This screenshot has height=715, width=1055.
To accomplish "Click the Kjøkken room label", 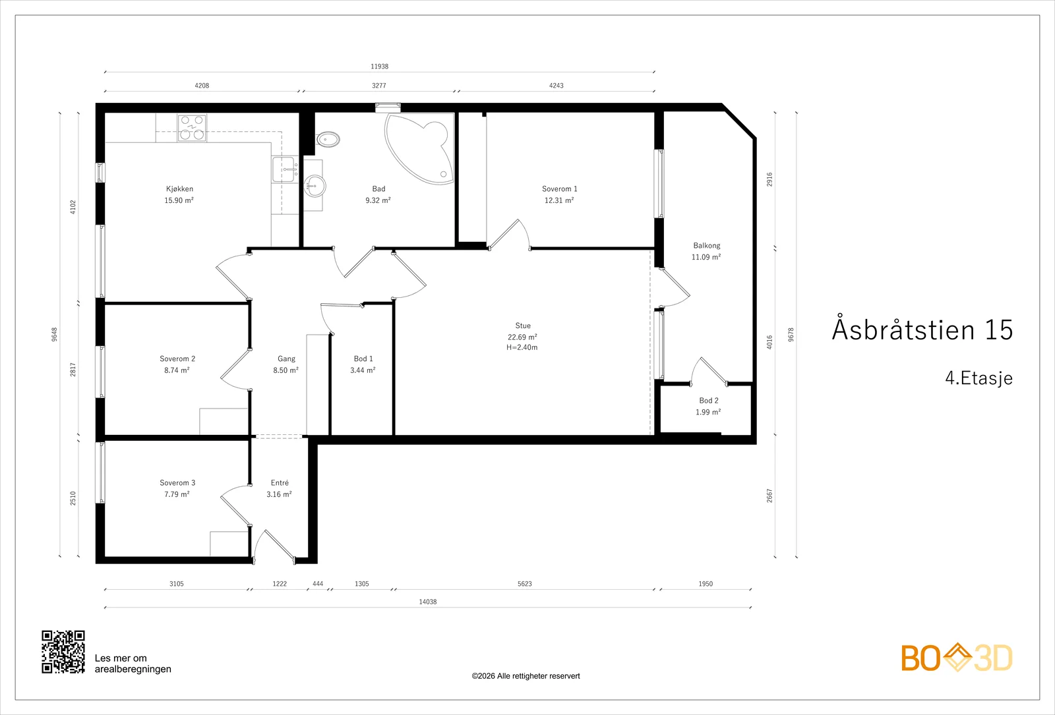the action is pos(179,188).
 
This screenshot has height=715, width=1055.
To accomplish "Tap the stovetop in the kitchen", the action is pos(192,128).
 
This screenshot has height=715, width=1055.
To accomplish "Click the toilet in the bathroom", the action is pos(328,139).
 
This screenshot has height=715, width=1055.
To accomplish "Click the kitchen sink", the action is pos(285,169).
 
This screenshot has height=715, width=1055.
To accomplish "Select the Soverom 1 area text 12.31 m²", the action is pos(559,200).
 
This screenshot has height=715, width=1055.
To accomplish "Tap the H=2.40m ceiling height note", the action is pos(522,348).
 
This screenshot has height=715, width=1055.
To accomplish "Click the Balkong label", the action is pos(706,246).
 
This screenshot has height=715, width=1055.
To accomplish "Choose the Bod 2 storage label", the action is pos(709,401).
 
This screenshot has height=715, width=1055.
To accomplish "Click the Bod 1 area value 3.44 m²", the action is pos(363,370).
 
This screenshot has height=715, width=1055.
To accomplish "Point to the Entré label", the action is pos(280,482).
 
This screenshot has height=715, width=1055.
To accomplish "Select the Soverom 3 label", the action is pos(177,482).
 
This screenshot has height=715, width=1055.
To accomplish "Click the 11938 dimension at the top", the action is pos(380,67).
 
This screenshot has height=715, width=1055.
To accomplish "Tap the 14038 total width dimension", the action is pos(428,602).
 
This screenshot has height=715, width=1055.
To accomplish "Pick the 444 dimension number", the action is pos(318,584).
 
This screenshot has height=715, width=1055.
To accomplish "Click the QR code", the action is pos(63,652).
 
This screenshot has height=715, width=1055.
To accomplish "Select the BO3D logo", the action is pos(957,657).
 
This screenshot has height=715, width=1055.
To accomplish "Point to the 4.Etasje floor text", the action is pos(979,378).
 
